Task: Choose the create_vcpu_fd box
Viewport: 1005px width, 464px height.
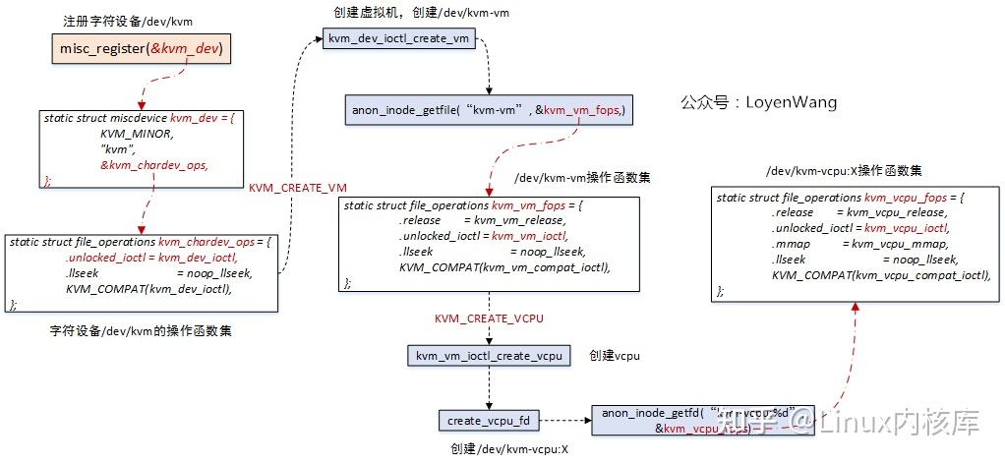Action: pyautogui.click(x=489, y=421)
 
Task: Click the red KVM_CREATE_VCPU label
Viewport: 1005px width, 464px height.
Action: pyautogui.click(x=489, y=319)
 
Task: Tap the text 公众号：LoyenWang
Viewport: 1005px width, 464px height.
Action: pyautogui.click(x=758, y=102)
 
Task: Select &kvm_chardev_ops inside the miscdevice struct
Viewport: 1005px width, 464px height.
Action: pyautogui.click(x=153, y=165)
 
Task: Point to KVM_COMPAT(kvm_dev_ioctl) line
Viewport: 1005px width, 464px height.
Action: pyautogui.click(x=148, y=289)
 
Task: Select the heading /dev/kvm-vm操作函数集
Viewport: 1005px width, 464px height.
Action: pyautogui.click(x=581, y=178)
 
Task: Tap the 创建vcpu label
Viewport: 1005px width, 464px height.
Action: pyautogui.click(x=614, y=355)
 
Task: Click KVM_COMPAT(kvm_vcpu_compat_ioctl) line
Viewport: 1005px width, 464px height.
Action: pyautogui.click(x=881, y=275)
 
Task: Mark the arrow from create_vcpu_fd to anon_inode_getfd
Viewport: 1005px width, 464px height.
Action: pyautogui.click(x=565, y=421)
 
